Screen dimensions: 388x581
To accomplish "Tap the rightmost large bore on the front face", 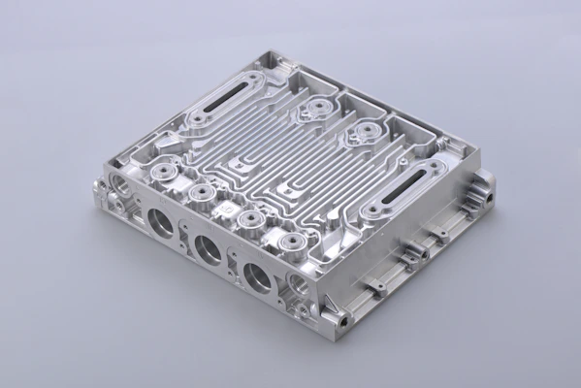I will (257, 277).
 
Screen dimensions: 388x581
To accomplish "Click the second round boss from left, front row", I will (202, 194).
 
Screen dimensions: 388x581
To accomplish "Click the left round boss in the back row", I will (313, 109).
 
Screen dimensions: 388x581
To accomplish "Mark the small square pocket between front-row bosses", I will (226, 208).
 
